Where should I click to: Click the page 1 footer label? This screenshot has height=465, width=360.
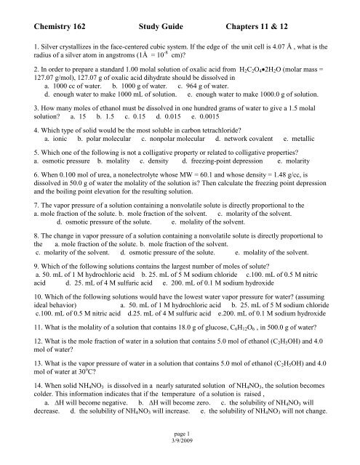coord(179,450)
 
